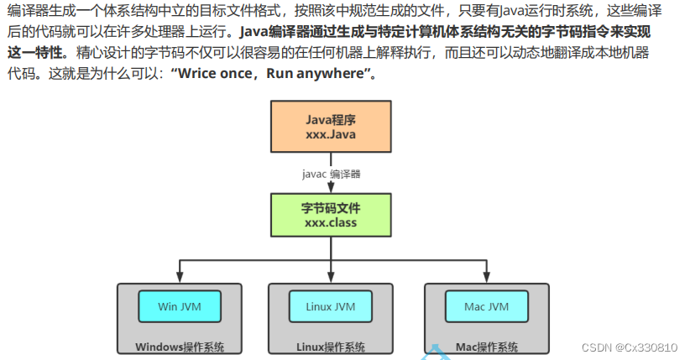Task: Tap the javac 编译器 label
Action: (x=331, y=175)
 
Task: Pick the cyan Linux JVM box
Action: (x=330, y=307)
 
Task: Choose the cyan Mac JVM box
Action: (x=488, y=307)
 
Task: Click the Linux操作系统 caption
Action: (x=330, y=347)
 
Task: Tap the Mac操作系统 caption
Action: (x=487, y=347)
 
